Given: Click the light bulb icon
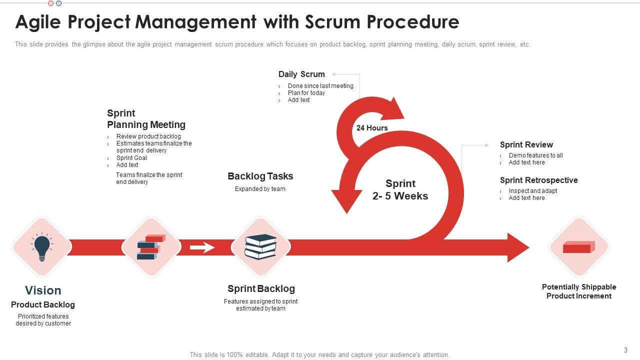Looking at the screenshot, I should (42, 247).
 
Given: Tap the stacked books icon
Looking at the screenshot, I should (260, 246).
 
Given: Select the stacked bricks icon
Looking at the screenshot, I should (151, 246).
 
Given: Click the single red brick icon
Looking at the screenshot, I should (578, 247).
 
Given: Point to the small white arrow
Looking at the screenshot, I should (202, 247).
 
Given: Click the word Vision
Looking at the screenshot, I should (43, 290).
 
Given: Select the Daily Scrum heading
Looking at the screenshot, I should (301, 74).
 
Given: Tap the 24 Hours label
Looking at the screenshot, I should (372, 128).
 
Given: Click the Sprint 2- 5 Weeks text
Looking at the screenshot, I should (400, 190).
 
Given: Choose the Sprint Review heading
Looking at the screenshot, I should (526, 145).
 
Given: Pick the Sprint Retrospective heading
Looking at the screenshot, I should (539, 180).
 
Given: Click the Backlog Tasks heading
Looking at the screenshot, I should (260, 176).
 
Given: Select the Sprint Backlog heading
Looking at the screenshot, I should (261, 289).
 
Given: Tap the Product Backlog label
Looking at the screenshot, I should (43, 305).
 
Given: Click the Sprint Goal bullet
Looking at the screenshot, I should (131, 158).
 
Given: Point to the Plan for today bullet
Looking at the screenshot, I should (306, 93).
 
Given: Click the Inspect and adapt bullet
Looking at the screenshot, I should (533, 191).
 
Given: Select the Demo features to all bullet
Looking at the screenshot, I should (536, 155).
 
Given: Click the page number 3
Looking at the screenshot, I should (625, 350).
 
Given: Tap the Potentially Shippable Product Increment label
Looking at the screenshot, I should (579, 291).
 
